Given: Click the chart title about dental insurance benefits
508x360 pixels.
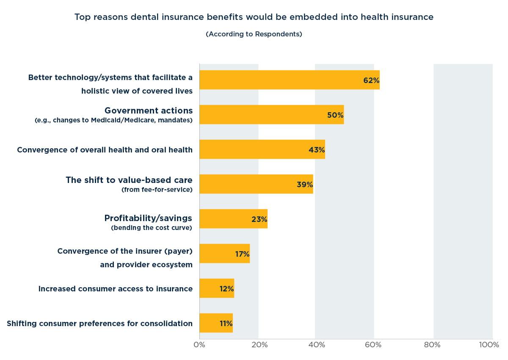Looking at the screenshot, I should [x=254, y=17].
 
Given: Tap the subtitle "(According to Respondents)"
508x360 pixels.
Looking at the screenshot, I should [x=254, y=34].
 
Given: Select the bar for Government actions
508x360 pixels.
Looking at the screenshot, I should [x=271, y=114].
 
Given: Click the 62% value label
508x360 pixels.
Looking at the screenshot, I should [x=371, y=80].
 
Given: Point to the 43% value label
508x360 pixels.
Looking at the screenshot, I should [x=317, y=150].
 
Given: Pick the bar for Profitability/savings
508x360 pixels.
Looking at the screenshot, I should [x=233, y=219].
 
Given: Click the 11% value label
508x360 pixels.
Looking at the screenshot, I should [x=226, y=323].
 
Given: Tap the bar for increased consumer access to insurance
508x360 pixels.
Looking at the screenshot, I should [x=216, y=288].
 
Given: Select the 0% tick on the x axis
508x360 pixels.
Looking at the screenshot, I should [x=199, y=345].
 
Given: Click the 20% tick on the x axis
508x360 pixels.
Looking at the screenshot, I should [x=259, y=345].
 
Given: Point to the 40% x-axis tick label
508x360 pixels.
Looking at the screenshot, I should [x=317, y=345].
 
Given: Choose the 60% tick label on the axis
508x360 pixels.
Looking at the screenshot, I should [x=374, y=345].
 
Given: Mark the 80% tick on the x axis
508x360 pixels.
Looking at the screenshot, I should [x=432, y=345].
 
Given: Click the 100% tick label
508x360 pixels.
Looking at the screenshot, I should [x=489, y=345].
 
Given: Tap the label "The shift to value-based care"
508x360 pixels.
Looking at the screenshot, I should [x=129, y=180].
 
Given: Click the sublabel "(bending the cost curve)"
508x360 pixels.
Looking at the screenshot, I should [x=152, y=228].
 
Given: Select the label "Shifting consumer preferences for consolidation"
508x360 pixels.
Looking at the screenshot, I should [x=100, y=324].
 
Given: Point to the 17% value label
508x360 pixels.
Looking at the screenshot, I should [x=242, y=254].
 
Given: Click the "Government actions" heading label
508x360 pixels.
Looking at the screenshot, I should [x=149, y=111].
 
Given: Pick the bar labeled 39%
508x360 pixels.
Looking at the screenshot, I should [x=256, y=184].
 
